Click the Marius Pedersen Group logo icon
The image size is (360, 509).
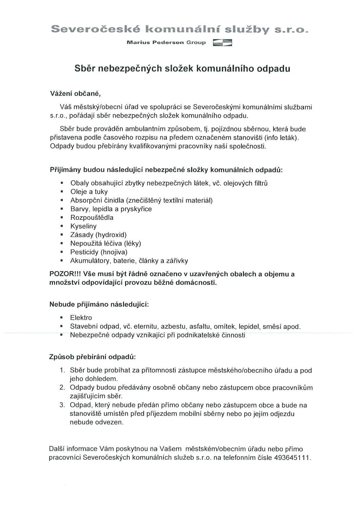[x=222, y=43]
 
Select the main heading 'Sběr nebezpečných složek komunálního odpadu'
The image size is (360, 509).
[x=182, y=69]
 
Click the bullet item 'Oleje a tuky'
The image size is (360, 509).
[x=89, y=192]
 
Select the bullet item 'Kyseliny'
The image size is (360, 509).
[x=83, y=226]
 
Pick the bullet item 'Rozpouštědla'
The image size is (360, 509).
[x=92, y=218]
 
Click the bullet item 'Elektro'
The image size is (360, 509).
[x=81, y=318]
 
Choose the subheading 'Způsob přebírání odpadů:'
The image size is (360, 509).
[x=93, y=357]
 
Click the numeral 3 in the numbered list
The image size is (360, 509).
[x=62, y=405]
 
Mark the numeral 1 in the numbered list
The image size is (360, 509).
[x=62, y=370]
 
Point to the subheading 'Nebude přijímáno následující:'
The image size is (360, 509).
[x=99, y=304]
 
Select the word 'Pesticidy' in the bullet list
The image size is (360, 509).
[x=84, y=252]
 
